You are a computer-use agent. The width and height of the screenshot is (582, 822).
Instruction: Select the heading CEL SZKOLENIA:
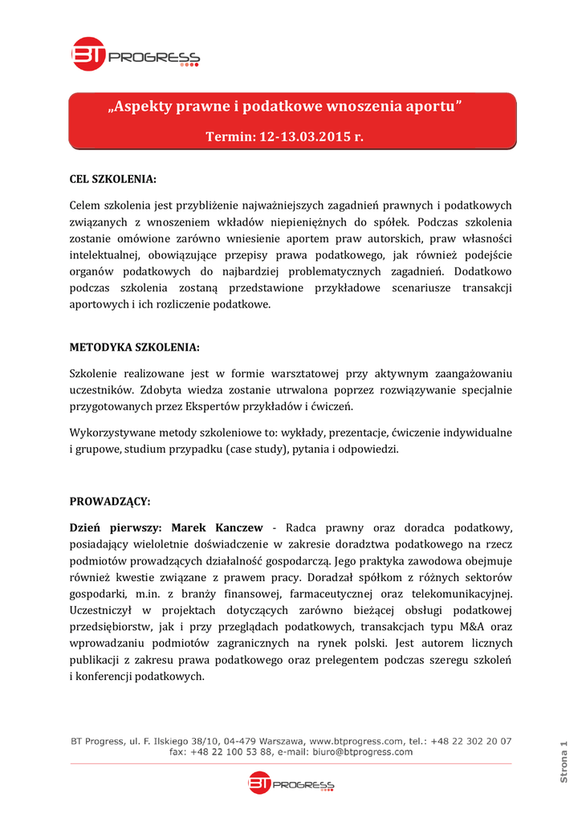pyautogui.click(x=113, y=177)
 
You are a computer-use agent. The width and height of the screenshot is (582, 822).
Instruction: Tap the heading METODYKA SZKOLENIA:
pyautogui.click(x=135, y=347)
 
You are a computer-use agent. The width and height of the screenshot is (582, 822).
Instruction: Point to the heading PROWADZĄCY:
pyautogui.click(x=110, y=501)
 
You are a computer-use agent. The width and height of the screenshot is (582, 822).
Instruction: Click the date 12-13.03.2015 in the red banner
pyautogui.click(x=308, y=136)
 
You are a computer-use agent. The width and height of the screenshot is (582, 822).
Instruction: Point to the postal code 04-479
pyautogui.click(x=241, y=741)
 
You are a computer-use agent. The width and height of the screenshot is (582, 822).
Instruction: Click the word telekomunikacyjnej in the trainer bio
pyautogui.click(x=458, y=593)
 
